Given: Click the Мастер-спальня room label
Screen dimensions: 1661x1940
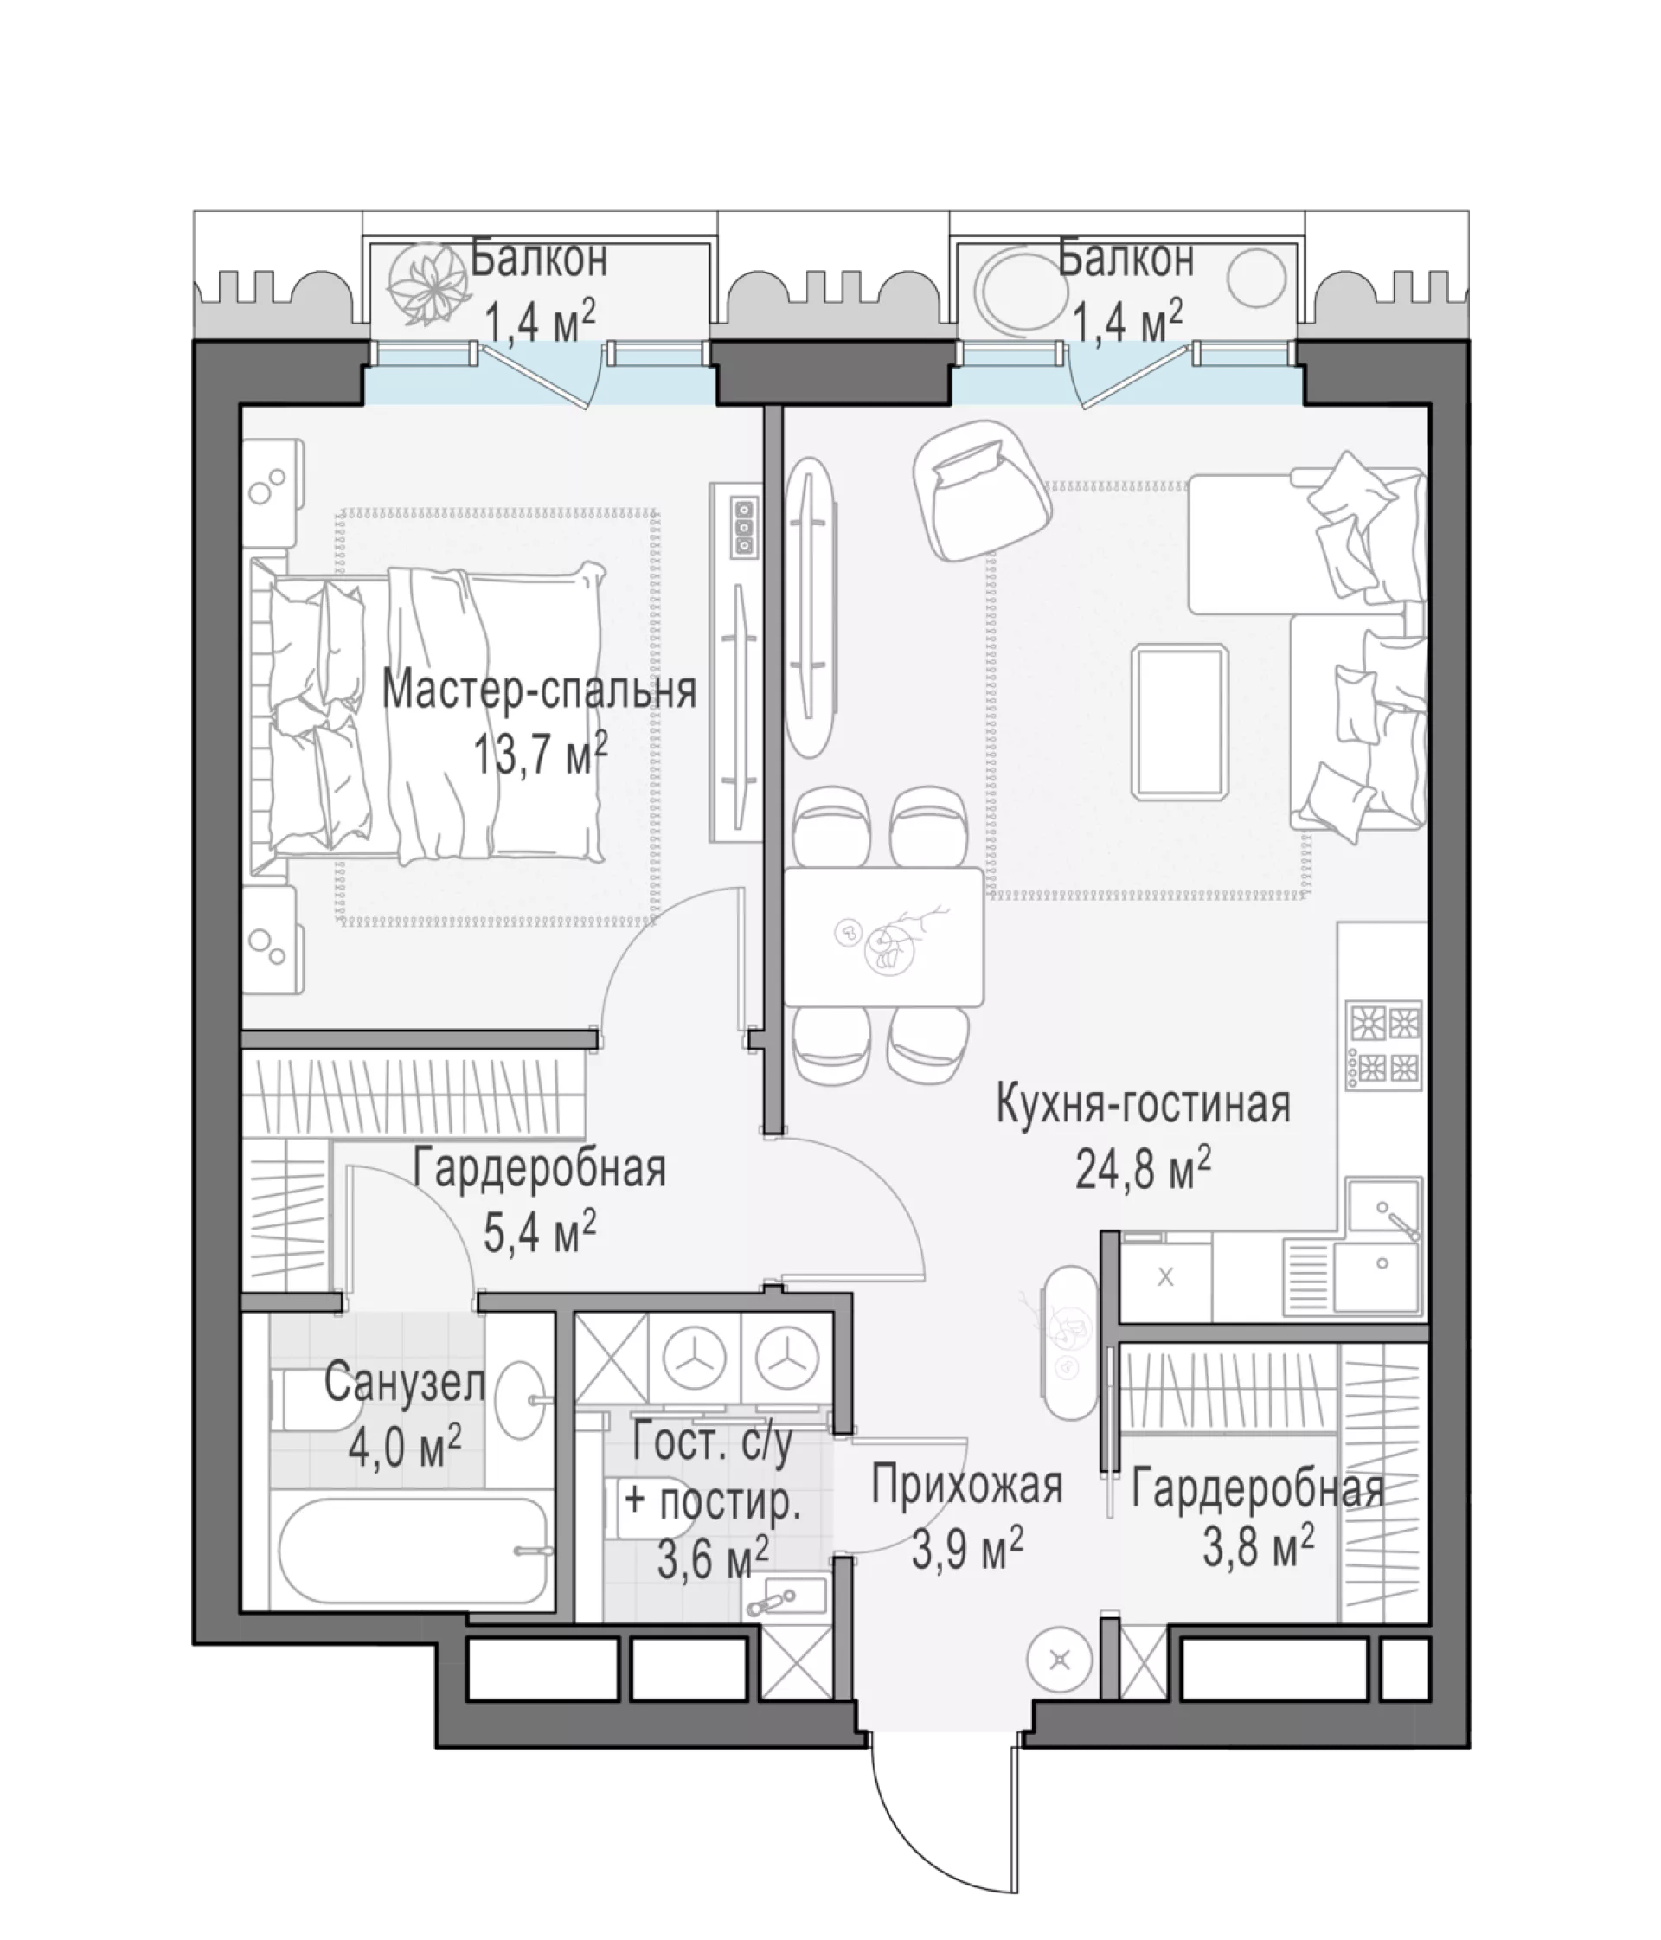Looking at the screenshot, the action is pos(539,692).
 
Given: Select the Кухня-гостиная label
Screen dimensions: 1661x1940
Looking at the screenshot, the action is pos(1143,1104).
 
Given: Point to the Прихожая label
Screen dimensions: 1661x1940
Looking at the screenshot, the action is pos(967,1485).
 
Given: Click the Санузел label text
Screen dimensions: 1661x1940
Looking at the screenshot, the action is pos(405,1384).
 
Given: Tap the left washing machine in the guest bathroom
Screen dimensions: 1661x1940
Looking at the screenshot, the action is pos(695,1356).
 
